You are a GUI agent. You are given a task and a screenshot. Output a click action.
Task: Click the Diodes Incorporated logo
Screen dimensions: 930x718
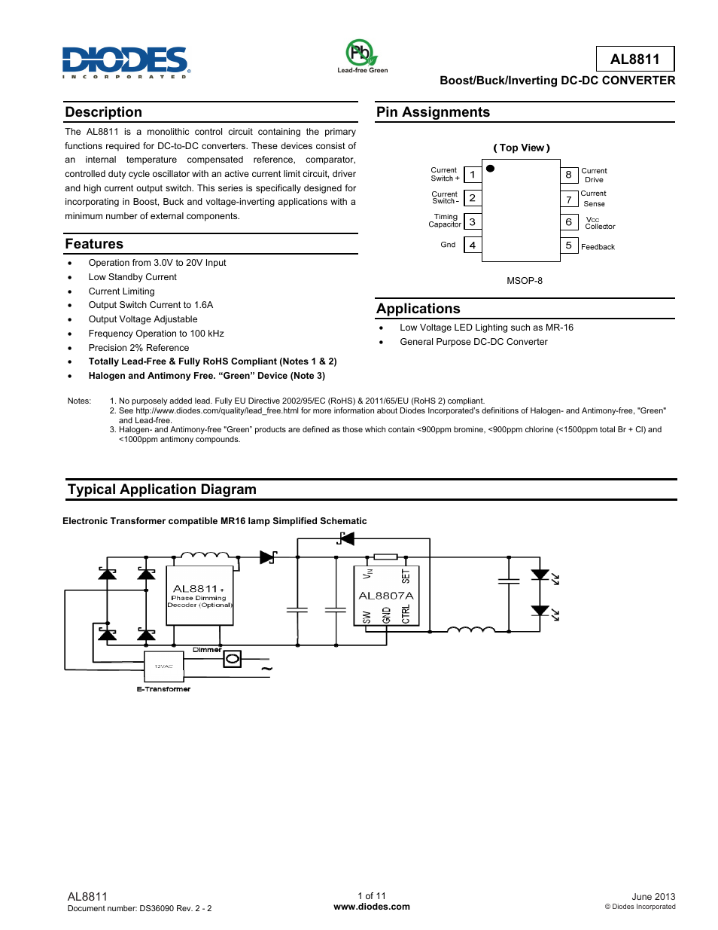point(126,62)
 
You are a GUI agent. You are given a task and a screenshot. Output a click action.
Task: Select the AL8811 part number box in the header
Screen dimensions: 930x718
point(634,59)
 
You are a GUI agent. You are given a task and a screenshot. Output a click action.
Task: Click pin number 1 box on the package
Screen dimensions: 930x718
point(473,175)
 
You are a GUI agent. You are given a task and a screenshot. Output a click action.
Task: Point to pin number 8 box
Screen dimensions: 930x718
point(569,175)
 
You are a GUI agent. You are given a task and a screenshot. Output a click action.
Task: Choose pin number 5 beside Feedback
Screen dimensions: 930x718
point(569,245)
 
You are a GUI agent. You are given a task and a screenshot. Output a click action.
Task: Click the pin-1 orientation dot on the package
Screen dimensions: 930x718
point(491,169)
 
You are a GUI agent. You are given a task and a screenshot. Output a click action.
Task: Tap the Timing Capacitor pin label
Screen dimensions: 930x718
point(445,221)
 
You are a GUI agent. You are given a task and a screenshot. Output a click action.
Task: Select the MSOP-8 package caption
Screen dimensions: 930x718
point(525,281)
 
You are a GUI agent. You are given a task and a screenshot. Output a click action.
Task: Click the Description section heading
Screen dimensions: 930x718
point(104,112)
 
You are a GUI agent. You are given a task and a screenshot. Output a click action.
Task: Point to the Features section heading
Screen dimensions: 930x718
point(94,244)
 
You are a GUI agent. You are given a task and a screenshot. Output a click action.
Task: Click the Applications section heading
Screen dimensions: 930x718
point(418,309)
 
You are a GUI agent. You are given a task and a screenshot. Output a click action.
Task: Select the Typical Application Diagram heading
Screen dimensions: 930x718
point(162,489)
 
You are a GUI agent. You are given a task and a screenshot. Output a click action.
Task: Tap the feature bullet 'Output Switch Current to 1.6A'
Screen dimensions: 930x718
point(151,305)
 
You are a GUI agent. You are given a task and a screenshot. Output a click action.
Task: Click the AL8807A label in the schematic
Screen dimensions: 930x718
point(386,596)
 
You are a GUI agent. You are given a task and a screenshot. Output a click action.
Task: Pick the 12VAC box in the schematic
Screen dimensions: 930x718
point(164,666)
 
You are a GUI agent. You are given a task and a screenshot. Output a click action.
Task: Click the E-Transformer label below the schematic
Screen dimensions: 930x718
point(163,689)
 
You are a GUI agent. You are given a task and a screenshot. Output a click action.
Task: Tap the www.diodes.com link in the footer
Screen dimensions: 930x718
point(372,907)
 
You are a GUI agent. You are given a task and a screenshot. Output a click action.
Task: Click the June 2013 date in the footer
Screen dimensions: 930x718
point(653,897)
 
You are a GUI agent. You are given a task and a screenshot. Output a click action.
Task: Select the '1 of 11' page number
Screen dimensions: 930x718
point(372,896)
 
